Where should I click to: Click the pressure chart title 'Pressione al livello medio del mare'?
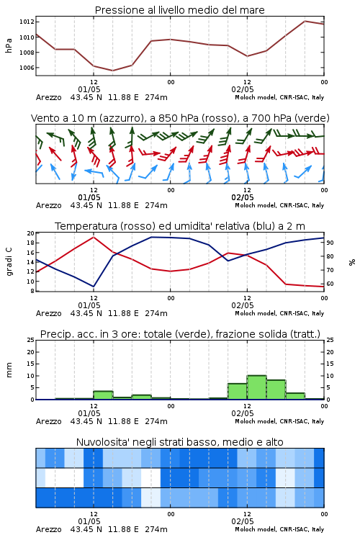click(179, 10)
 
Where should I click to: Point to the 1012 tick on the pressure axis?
click(27, 22)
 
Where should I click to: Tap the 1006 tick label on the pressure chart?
click(27, 68)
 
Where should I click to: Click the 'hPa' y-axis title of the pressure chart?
click(9, 45)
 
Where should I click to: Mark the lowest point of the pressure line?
click(112, 71)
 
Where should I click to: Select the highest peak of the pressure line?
click(305, 21)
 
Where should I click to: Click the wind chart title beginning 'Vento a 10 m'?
click(180, 118)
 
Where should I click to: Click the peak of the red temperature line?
click(94, 237)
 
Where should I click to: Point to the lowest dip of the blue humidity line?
click(94, 287)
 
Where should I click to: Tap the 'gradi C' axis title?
click(9, 262)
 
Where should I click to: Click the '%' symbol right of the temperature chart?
click(352, 262)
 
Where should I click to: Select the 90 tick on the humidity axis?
click(330, 243)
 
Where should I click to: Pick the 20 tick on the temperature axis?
click(30, 233)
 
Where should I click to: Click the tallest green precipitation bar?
click(256, 387)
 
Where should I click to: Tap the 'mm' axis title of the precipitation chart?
click(9, 370)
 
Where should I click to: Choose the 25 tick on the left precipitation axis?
click(30, 341)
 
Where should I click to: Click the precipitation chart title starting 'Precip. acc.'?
click(180, 334)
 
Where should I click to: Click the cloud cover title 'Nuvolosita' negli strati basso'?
click(179, 442)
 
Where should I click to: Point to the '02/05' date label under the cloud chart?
click(243, 521)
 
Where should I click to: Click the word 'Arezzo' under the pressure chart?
click(48, 97)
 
